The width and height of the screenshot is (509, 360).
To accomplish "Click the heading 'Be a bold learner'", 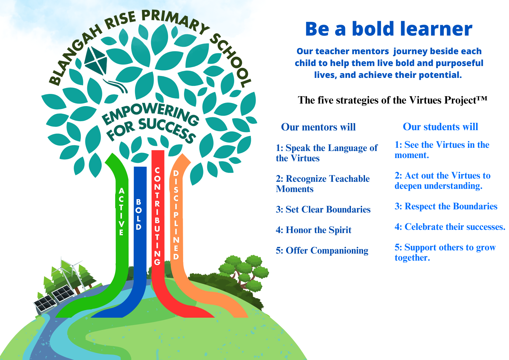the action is coord(389,29).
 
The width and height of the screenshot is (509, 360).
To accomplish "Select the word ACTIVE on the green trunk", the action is coord(122,212).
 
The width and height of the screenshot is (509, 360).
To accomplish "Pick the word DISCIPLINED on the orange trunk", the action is coord(176,215).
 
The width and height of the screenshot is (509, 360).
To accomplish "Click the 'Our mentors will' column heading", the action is coord(318,127).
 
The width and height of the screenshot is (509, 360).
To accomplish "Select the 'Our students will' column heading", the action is coord(440,127).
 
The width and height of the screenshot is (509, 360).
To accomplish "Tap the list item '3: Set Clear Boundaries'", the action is coord(323,209).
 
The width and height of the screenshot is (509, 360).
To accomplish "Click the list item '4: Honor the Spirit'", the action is coord(314,230).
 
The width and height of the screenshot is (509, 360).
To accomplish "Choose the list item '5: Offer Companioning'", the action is coord(322,250).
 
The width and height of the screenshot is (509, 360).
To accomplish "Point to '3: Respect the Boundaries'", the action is coord(446,206).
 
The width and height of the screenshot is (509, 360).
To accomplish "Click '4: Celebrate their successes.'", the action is coord(450,227).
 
